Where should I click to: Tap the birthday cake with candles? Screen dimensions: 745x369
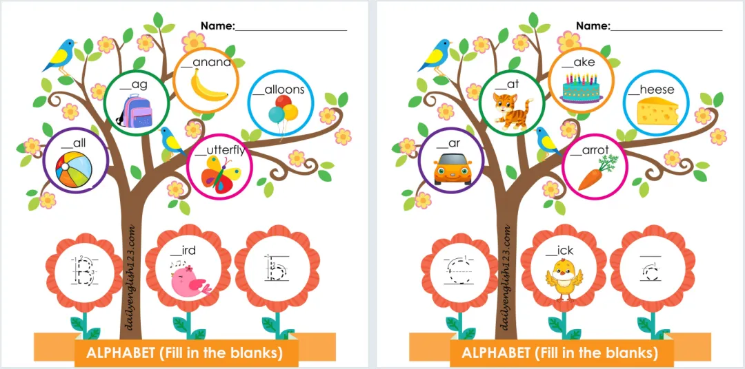pos(582,88)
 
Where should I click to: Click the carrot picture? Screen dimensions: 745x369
pos(594,171)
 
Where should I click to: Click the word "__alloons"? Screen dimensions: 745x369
pos(279,89)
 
